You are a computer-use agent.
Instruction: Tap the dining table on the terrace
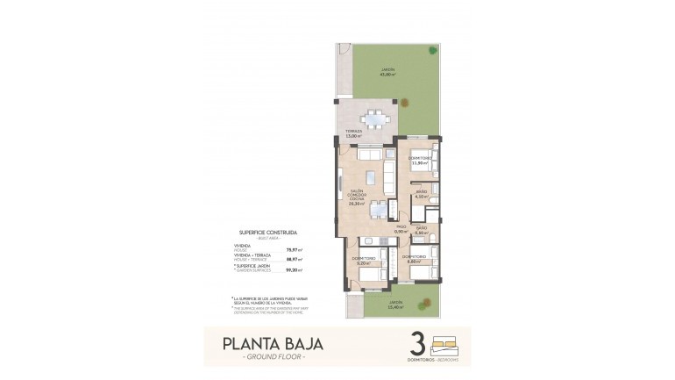[374, 118]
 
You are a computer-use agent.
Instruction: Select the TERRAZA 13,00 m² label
[353, 133]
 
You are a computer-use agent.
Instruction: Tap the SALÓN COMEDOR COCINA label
[356, 197]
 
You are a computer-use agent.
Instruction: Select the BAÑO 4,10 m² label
[421, 194]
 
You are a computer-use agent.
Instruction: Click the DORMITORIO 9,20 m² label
[364, 260]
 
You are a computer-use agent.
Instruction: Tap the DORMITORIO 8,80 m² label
[415, 260]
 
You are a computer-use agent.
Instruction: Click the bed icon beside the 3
[448, 341]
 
